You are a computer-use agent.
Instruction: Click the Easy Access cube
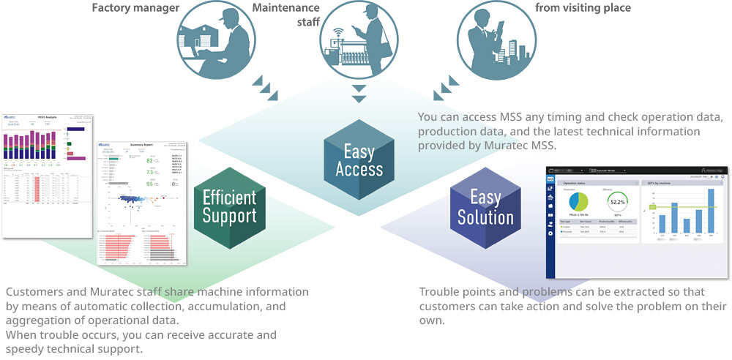359,160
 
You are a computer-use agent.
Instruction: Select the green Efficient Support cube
229,206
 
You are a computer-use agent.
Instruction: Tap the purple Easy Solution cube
485,208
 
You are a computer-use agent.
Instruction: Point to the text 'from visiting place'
583,9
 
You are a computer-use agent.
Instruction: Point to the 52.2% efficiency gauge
617,202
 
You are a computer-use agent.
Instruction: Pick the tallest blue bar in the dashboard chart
710,210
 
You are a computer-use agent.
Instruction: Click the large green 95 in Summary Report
150,184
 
